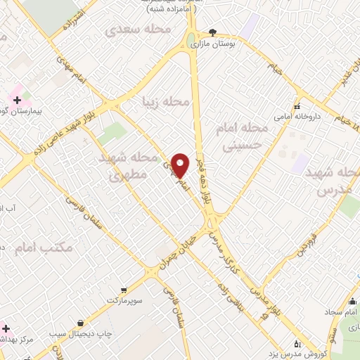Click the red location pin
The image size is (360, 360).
[x=181, y=165]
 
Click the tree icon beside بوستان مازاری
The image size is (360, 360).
[x=213, y=32]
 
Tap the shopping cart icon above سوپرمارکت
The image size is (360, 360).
[x=123, y=289]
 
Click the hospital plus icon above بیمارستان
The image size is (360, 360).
[x=15, y=100]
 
